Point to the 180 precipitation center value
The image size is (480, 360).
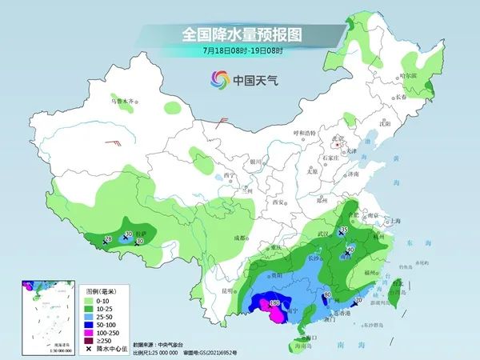pyautogui.click(x=274, y=303)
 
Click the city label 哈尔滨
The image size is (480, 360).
pyautogui.click(x=409, y=74)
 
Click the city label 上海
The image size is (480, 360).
pyautogui.click(x=394, y=221)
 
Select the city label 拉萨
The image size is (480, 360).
pyautogui.click(x=142, y=236)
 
